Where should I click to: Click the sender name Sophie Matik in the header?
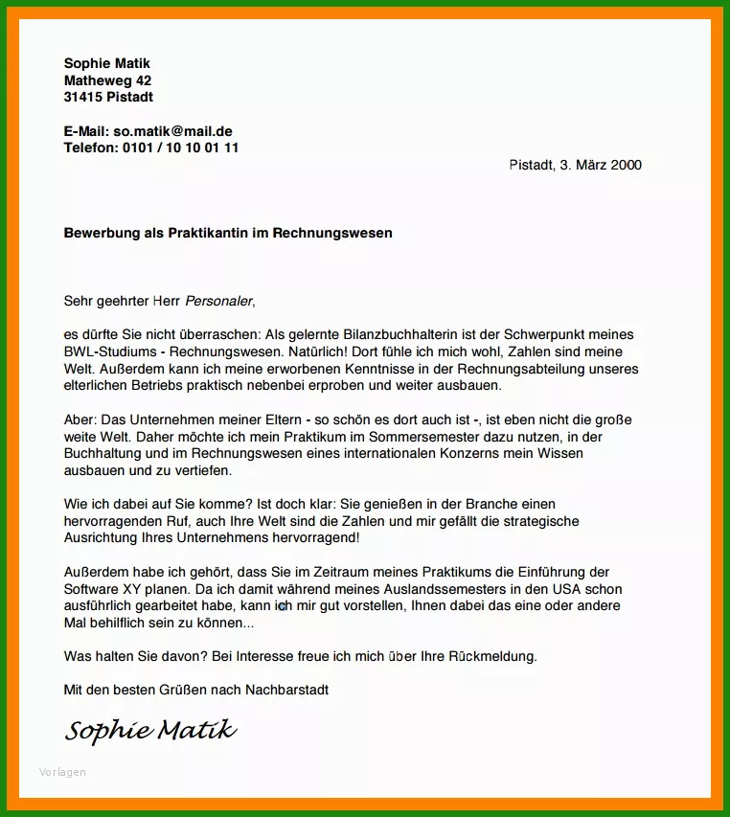(107, 63)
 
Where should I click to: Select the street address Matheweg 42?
(107, 80)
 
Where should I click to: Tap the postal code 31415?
(83, 97)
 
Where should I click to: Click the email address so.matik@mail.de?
(172, 131)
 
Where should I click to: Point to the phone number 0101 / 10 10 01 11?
(181, 148)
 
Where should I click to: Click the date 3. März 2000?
(601, 165)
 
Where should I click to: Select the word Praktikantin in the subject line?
(208, 233)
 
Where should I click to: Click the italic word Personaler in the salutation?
(219, 301)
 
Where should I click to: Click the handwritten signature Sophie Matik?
(149, 732)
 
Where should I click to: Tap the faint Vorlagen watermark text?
(62, 772)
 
